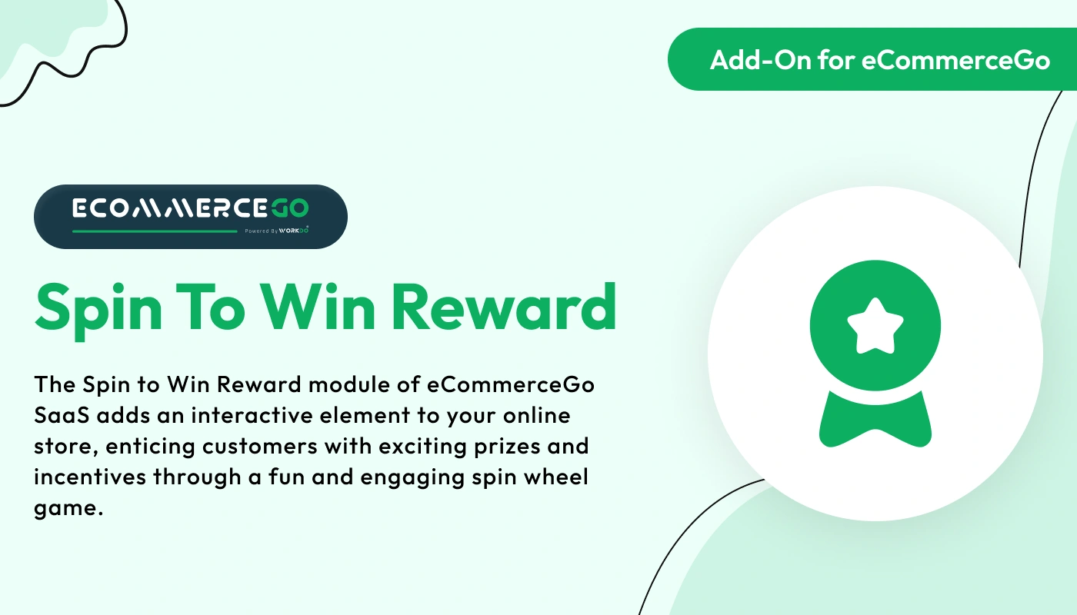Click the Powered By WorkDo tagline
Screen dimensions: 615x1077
(277, 230)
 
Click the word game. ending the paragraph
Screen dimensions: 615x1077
(68, 508)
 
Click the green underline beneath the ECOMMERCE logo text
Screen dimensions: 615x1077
(155, 231)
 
